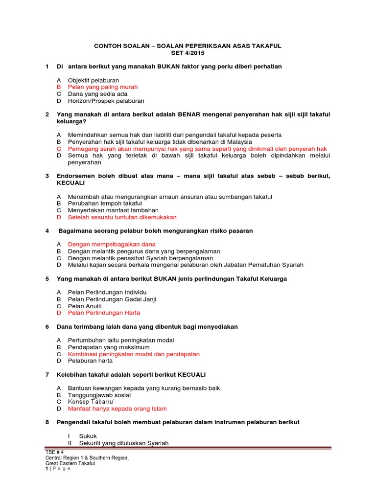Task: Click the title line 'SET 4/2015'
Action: coord(188,53)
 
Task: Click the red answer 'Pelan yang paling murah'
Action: coord(103,87)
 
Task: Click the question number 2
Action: coord(47,114)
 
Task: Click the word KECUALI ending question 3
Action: coord(71,182)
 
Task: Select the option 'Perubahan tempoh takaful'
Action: coord(105,204)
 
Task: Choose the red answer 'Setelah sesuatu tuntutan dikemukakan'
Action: coord(122,217)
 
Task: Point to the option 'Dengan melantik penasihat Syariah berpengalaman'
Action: coord(141,258)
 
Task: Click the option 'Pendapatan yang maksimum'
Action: coord(109,347)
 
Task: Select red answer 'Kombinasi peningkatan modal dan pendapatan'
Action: coord(134,354)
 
